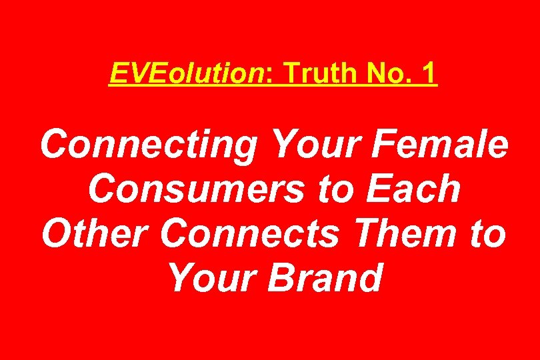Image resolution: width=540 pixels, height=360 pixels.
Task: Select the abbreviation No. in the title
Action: click(x=388, y=75)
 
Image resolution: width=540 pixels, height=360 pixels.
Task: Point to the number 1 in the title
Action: click(x=428, y=75)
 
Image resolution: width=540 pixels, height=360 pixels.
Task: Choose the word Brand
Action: click(x=325, y=277)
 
